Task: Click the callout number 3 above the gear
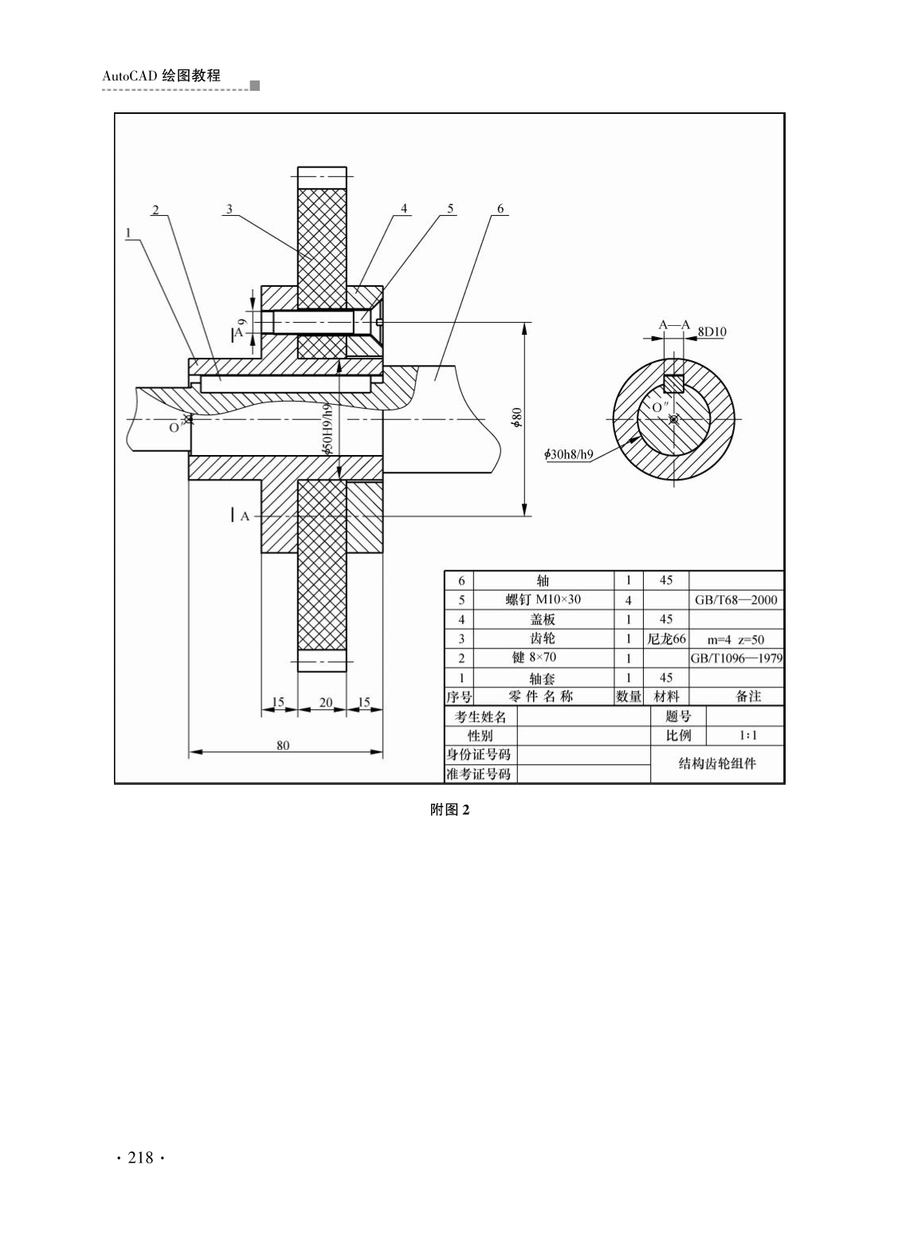[x=229, y=209]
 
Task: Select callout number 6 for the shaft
[x=500, y=208]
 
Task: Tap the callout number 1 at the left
[x=128, y=233]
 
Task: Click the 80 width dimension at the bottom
[x=283, y=745]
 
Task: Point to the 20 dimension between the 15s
[x=326, y=703]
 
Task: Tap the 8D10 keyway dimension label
[x=712, y=331]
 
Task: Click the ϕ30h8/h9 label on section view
[x=569, y=454]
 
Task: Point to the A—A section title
[x=675, y=324]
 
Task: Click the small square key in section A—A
[x=674, y=384]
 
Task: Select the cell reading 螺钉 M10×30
[x=543, y=600]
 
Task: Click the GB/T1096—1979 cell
[x=736, y=658]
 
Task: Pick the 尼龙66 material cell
[x=666, y=639]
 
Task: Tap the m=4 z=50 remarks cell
[x=735, y=640]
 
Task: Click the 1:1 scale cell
[x=748, y=735]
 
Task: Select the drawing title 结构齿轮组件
[x=717, y=764]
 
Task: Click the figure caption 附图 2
[x=449, y=810]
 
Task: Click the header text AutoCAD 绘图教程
[x=162, y=76]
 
